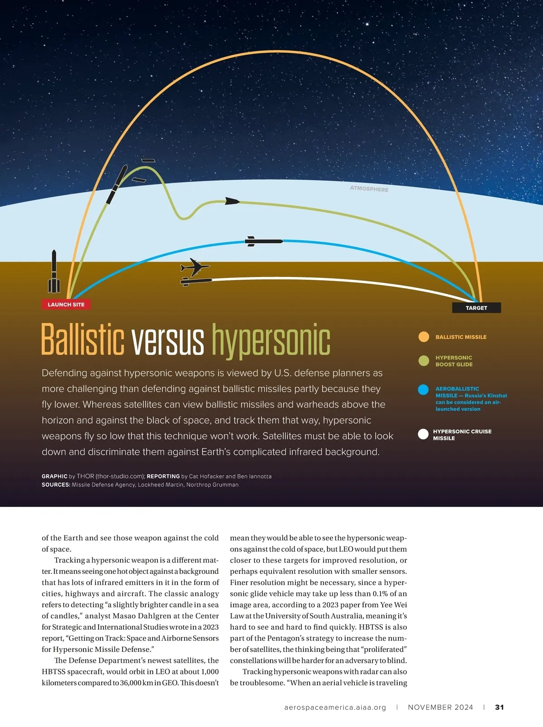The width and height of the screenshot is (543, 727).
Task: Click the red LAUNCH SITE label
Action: point(66,305)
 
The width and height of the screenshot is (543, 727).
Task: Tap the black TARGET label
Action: point(476,308)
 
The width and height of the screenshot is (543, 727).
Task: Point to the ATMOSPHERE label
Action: point(369,189)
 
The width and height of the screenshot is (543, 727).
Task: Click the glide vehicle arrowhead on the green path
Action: point(232,201)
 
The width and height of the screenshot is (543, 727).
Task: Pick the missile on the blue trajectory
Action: point(263,241)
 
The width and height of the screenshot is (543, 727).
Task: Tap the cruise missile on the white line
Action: point(196,281)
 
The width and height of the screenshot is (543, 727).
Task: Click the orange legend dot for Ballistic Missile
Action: point(424,337)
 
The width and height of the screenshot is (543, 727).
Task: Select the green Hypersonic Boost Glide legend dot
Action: point(424,361)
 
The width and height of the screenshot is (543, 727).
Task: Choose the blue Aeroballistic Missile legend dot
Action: point(424,390)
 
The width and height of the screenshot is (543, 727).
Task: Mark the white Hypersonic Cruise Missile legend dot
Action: point(423,435)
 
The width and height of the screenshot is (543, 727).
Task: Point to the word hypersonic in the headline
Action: point(271,340)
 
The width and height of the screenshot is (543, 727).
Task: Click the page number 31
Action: point(500,707)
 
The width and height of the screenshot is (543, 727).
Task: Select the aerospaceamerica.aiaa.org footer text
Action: point(335,707)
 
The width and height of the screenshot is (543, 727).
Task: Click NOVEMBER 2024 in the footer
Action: point(440,707)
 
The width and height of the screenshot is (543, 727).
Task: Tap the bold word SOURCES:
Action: point(56,485)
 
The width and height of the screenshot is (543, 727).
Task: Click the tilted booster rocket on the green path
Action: point(116,185)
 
